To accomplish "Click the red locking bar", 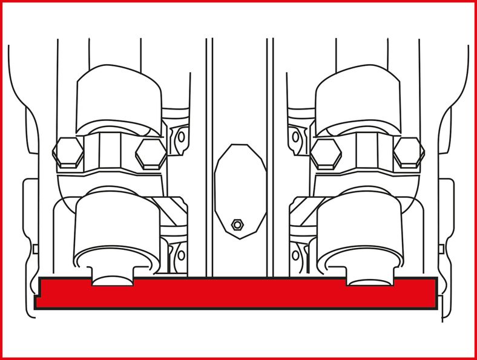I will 236,294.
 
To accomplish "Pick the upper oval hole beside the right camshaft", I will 295,137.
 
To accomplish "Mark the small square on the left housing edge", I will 35,249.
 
